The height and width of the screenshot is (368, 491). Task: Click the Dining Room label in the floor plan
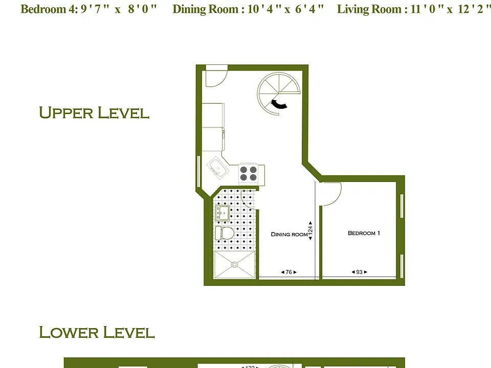pos(289,234)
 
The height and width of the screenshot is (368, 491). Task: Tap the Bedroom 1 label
pos(364,233)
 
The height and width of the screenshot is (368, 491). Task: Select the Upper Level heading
pos(94,112)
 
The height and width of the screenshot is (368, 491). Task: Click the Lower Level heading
pos(97,332)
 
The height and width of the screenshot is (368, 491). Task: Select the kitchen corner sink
pos(218,168)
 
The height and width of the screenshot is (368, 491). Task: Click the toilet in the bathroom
pos(225,233)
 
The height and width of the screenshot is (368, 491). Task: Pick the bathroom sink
pos(222,213)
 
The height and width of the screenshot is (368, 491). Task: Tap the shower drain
pos(235,265)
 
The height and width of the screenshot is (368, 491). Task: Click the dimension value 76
pos(288,272)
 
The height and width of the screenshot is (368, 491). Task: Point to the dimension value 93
pos(359,272)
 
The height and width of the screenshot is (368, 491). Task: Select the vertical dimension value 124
pos(310,231)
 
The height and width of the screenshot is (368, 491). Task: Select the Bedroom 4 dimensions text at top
pos(88,9)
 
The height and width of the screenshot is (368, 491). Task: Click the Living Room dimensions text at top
pos(413,9)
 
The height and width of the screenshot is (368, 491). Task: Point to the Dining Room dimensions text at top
pos(248,9)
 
